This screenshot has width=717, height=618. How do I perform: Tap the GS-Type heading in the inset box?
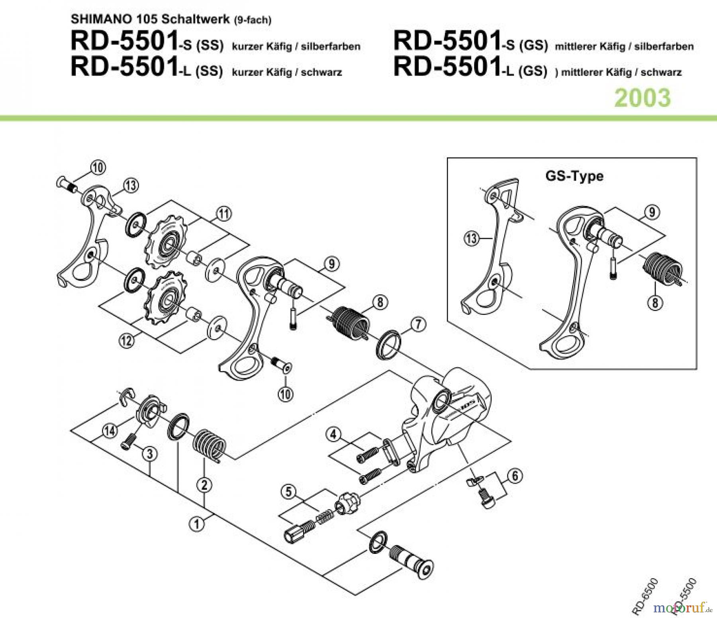point(574,176)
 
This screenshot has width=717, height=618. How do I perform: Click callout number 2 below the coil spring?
point(204,485)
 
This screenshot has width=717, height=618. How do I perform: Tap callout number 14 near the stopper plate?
point(109,431)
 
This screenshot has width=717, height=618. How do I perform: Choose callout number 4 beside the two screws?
point(334,434)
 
